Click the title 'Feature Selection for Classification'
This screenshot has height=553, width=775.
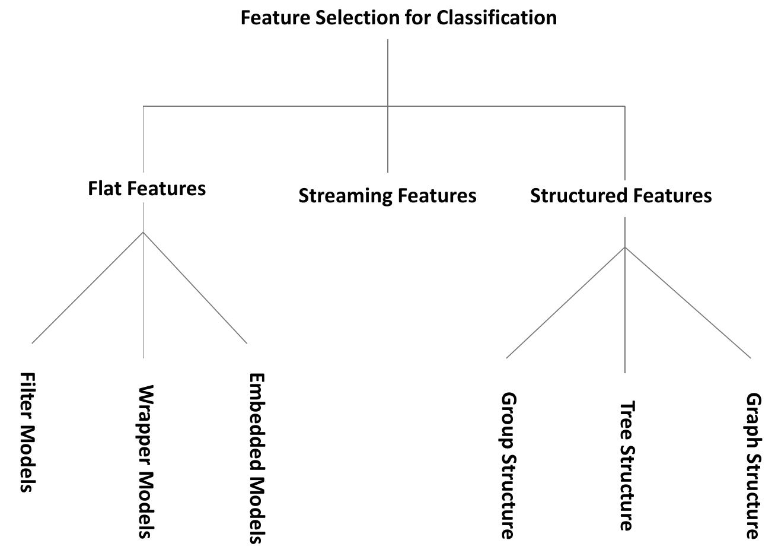point(398,18)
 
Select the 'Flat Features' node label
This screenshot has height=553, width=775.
point(146,188)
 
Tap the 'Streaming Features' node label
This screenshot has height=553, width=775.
point(387,195)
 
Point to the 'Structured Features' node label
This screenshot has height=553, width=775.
point(621,195)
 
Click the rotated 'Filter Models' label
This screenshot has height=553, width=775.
point(27,433)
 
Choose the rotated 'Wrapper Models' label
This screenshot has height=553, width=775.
point(145,462)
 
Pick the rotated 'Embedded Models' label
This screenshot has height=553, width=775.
point(256,457)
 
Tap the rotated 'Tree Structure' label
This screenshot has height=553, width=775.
point(627,466)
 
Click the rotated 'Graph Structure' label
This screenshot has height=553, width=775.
point(752,465)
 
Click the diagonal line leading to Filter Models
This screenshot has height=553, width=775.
point(87,287)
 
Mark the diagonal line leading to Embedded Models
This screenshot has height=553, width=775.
point(195,287)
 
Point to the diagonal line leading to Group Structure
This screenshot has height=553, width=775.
point(565,303)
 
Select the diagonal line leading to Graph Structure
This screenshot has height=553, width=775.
point(688,303)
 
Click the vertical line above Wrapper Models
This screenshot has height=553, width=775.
point(143,297)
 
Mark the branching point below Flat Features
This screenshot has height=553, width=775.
point(143,232)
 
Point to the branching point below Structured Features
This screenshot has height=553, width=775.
point(624,247)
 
